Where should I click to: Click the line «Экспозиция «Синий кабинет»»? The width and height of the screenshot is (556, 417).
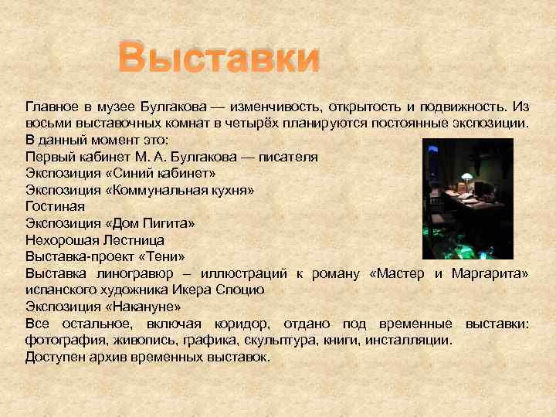tap(120, 173)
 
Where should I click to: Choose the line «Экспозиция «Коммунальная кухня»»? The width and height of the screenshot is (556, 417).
tap(140, 190)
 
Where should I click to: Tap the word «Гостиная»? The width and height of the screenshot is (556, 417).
tap(55, 207)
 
